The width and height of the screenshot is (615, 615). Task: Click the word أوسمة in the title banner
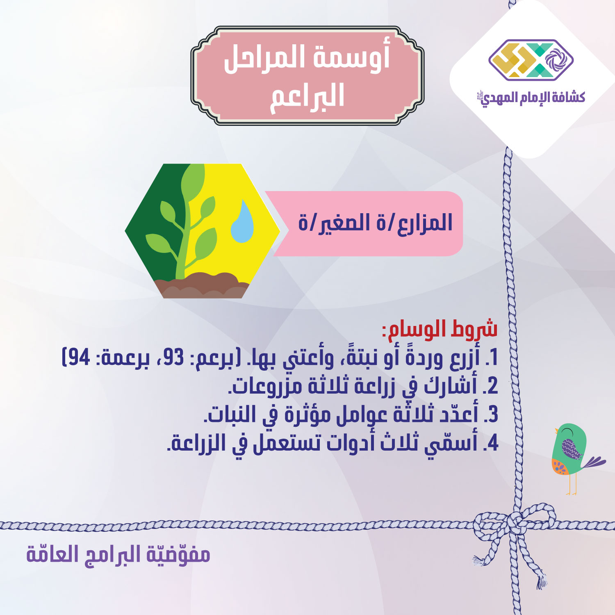coord(352,57)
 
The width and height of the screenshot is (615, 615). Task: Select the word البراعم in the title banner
coord(307,96)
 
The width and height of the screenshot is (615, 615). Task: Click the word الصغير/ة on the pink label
coord(343,223)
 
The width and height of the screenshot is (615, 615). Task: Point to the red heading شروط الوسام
coord(440,329)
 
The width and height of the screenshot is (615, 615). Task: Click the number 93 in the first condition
coord(172,358)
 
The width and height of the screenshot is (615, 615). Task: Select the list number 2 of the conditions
coord(490,386)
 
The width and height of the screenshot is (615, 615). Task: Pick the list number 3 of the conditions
coord(490,415)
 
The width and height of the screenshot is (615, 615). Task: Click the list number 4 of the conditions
coord(490,443)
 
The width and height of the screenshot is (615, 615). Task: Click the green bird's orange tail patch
coord(559,467)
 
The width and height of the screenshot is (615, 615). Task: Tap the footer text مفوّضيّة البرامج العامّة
coord(118,554)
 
